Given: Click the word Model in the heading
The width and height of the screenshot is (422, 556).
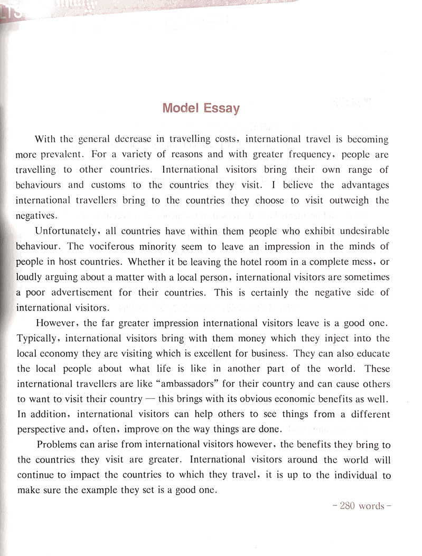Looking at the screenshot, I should click(x=180, y=109).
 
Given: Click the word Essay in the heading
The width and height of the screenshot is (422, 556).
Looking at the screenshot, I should click(x=220, y=109).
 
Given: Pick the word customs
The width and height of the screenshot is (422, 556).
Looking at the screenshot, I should click(x=108, y=185).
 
